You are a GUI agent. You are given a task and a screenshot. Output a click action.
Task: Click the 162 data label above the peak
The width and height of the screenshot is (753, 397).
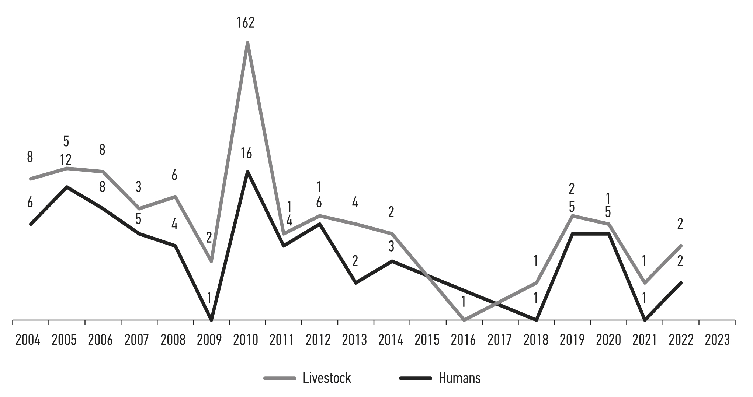(x=246, y=23)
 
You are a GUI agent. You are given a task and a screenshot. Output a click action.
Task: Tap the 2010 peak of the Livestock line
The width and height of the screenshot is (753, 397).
(x=247, y=43)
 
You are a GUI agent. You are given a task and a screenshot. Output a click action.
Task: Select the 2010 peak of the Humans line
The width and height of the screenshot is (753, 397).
(x=247, y=171)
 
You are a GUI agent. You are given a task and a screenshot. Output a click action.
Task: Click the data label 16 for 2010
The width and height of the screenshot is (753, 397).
(x=246, y=154)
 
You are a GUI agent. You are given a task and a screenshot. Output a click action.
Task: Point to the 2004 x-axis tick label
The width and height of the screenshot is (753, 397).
(x=28, y=340)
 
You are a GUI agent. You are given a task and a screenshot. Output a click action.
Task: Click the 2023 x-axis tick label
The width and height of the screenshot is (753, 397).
(x=717, y=340)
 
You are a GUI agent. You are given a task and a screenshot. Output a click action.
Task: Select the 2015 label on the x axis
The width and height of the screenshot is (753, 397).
(x=427, y=340)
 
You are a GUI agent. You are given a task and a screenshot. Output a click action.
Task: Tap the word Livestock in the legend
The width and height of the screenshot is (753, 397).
(x=327, y=378)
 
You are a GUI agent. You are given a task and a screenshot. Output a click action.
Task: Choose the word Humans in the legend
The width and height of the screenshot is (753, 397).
(x=459, y=378)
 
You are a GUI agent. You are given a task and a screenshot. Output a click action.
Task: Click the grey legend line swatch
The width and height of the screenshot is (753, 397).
(x=280, y=378)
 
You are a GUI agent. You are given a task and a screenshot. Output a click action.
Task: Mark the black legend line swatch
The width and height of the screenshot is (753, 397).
(x=416, y=378)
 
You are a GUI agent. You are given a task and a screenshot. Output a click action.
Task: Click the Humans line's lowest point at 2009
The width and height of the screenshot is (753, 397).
(x=211, y=320)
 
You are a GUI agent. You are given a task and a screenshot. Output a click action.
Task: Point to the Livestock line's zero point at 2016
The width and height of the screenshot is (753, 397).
(x=464, y=320)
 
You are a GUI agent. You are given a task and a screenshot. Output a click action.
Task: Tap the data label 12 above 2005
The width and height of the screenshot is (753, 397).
(x=66, y=161)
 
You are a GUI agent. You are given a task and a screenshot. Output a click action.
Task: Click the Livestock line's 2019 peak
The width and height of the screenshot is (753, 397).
(x=572, y=215)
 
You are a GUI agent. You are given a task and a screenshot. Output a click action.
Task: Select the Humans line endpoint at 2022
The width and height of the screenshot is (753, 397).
(x=681, y=283)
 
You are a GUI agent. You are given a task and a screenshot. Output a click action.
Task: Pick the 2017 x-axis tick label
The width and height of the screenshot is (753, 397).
(x=500, y=340)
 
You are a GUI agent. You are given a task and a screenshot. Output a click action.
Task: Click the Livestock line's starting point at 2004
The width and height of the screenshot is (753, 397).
(x=31, y=179)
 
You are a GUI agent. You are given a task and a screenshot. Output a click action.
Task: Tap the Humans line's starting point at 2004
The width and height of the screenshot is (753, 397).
(x=31, y=224)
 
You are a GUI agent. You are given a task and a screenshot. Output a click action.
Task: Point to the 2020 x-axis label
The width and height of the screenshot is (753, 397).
(x=608, y=340)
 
